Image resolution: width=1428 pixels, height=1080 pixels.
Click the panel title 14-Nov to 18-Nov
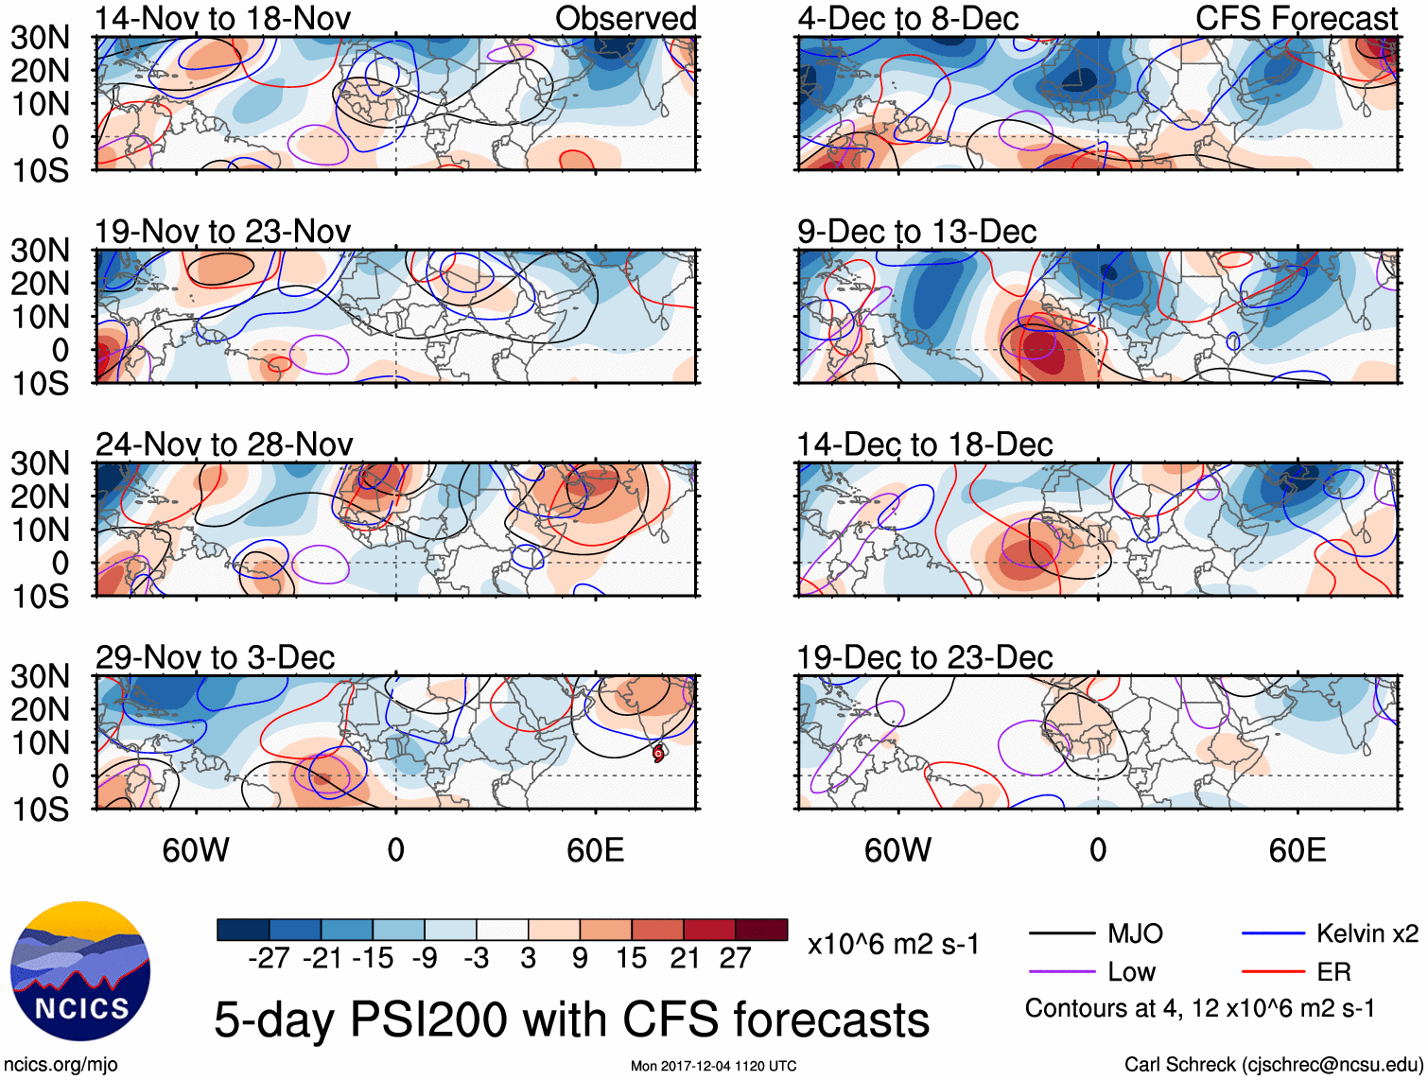tap(222, 18)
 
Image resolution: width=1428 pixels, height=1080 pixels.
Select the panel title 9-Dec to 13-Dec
tap(916, 232)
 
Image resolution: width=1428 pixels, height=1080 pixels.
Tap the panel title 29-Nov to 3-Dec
tap(215, 657)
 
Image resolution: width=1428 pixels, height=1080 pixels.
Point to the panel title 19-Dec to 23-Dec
tap(924, 657)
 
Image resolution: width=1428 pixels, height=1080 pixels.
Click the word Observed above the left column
tap(625, 18)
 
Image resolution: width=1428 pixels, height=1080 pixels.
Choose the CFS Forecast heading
tap(1296, 18)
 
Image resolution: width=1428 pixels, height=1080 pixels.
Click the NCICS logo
tap(80, 971)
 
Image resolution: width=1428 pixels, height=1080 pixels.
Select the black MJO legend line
tap(1061, 934)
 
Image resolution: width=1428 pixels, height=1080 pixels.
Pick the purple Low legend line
tap(1061, 972)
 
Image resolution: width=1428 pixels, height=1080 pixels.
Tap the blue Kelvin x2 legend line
tap(1273, 934)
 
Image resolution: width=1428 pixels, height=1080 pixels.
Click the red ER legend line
tap(1273, 972)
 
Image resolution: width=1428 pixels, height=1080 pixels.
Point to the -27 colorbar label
tap(269, 958)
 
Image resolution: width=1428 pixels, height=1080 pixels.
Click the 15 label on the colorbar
tap(631, 958)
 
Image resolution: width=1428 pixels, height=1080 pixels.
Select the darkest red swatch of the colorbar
tap(761, 930)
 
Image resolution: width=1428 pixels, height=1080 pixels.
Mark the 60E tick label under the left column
tap(595, 850)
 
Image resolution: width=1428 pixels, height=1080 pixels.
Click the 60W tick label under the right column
tap(897, 850)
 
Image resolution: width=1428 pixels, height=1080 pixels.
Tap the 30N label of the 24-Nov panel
tap(40, 463)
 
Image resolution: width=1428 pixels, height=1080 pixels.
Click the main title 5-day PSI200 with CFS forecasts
tap(571, 1019)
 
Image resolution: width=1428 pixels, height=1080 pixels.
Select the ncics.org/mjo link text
tap(61, 1064)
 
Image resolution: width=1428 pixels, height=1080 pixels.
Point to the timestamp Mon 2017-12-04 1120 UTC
tap(713, 1066)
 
